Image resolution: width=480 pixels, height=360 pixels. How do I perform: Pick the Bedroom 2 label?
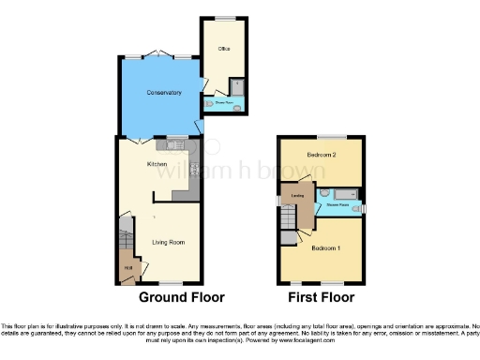(321, 153)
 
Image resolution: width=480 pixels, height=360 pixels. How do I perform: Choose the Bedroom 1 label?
(324, 248)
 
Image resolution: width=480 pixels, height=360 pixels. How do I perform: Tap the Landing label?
(297, 196)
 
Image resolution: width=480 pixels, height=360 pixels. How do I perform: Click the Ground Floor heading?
(182, 297)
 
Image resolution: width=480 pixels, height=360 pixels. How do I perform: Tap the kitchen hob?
(194, 170)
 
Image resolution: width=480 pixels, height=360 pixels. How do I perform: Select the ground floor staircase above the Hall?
(125, 233)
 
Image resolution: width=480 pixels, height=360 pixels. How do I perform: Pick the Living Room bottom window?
(170, 282)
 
